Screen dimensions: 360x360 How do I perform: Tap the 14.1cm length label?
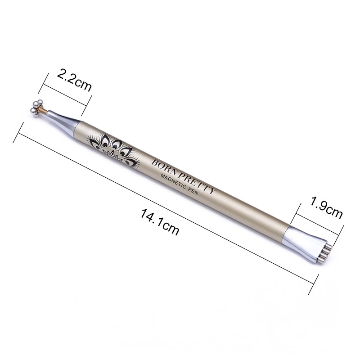click(x=160, y=222)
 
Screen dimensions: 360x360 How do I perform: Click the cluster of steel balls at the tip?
click(x=36, y=108)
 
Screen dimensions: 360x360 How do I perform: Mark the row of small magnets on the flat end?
click(x=323, y=253)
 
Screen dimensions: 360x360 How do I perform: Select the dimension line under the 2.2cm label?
click(x=65, y=95)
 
